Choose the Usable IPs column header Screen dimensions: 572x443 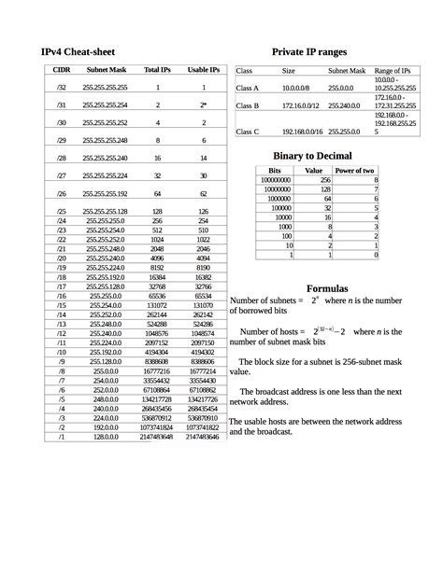pos(204,70)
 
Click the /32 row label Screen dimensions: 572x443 pos(62,87)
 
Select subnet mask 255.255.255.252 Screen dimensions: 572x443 pos(105,122)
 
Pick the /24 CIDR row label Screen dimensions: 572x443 pos(62,220)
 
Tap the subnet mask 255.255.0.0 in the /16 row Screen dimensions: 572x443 pos(105,295)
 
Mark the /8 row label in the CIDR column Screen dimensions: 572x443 pos(62,370)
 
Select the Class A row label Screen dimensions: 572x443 pos(247,88)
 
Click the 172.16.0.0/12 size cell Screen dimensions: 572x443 pos(302,105)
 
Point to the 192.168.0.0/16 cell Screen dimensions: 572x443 pos(302,132)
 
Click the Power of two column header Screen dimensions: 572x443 pos(355,171)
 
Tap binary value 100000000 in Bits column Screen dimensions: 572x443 pos(274,180)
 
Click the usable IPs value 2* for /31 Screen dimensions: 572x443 pos(204,105)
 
